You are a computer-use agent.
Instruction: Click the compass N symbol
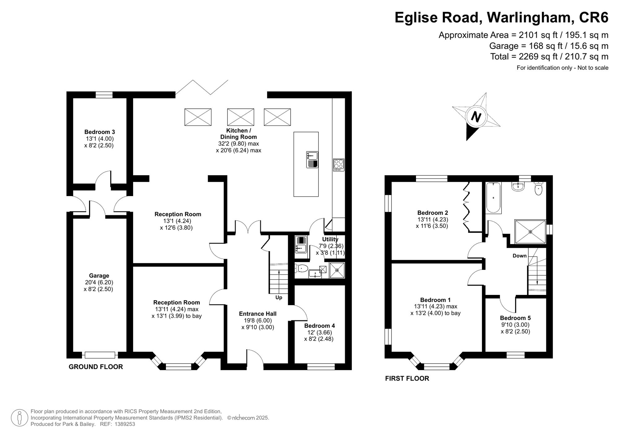click(476, 117)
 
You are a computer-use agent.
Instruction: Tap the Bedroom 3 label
click(99, 132)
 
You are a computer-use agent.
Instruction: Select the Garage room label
click(99, 275)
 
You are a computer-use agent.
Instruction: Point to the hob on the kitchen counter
click(339, 165)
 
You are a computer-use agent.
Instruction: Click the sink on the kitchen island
click(312, 160)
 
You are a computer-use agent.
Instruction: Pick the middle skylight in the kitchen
click(240, 117)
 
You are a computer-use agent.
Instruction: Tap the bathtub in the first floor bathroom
click(493, 198)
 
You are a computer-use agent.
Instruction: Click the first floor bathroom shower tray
click(530, 231)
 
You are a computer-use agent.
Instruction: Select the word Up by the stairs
click(279, 297)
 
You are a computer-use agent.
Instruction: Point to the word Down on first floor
click(520, 256)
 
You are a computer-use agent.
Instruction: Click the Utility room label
click(330, 239)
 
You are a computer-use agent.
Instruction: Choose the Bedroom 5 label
click(515, 318)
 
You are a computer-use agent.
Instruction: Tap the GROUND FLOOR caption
click(96, 367)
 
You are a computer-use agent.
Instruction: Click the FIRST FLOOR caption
click(407, 378)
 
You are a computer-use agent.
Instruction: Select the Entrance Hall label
click(258, 314)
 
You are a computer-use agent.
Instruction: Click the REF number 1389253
click(125, 424)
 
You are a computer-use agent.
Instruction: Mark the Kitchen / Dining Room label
click(239, 134)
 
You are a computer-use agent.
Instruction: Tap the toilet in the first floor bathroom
click(539, 188)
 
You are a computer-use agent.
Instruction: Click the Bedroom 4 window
click(321, 367)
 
